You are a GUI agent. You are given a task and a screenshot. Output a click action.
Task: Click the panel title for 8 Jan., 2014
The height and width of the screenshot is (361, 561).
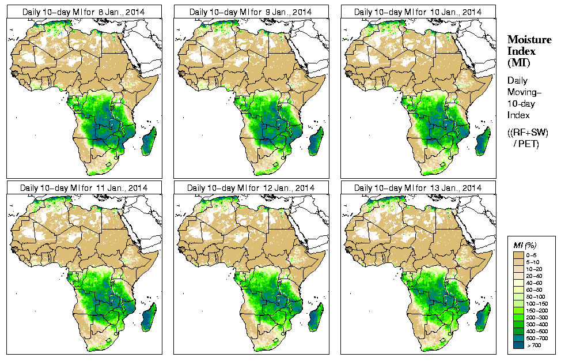click(84, 12)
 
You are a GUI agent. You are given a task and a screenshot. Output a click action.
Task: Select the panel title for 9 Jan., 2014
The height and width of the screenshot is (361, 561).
click(251, 12)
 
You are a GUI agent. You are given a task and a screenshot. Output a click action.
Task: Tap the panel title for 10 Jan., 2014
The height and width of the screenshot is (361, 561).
click(418, 12)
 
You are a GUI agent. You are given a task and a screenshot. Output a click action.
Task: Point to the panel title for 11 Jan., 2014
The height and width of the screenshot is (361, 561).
click(84, 188)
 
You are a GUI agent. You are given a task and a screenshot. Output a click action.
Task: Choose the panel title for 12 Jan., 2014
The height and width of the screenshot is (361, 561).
click(251, 188)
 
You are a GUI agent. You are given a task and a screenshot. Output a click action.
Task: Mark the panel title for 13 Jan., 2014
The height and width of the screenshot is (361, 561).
click(418, 188)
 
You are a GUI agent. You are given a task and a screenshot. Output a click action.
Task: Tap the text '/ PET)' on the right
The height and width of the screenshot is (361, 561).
click(526, 144)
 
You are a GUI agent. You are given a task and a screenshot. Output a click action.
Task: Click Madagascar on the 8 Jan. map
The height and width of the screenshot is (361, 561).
click(149, 142)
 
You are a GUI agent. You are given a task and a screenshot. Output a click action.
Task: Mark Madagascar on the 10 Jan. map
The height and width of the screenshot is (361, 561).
click(483, 142)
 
